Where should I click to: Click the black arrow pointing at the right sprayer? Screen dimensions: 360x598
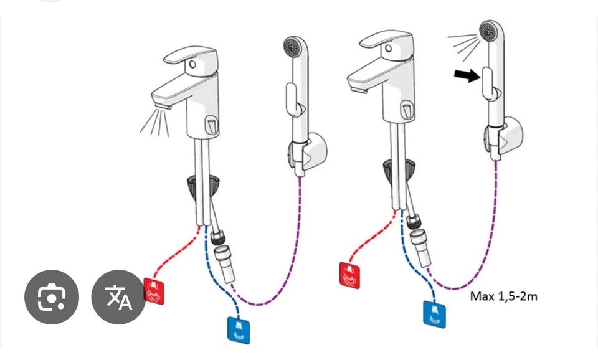tap(467, 76)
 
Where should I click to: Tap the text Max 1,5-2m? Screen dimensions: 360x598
tap(503, 296)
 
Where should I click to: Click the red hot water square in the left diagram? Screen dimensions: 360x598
tap(155, 290)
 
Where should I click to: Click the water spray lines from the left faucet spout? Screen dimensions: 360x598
tap(153, 121)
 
